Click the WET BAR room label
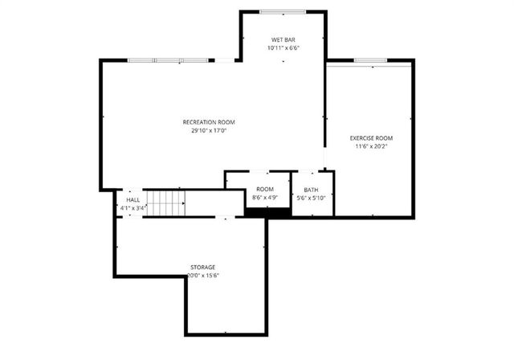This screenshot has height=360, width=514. pos(283,39)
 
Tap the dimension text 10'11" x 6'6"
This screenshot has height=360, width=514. pos(283,48)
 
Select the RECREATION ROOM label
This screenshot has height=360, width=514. pos(209,122)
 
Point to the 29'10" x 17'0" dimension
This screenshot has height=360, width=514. pos(209,131)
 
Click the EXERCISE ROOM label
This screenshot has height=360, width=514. pos(371,138)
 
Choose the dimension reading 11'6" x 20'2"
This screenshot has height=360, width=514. pos(371,147)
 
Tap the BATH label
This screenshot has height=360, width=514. pos(310,190)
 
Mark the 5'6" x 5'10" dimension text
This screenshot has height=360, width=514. pos(310,198)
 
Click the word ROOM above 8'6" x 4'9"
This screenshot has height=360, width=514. pos(265,189)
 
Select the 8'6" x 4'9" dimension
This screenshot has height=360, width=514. pos(265,198)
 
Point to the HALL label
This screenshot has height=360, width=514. pos(133,199)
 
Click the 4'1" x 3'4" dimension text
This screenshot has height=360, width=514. pos(133,208)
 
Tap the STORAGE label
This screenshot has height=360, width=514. pos(202,267)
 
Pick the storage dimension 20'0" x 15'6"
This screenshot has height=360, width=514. pos(202,276)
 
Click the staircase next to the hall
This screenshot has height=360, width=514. pos(165,203)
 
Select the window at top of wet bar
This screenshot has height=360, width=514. pos(282,11)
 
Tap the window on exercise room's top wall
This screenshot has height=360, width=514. pos(371,60)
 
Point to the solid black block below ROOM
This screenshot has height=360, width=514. pos(267,213)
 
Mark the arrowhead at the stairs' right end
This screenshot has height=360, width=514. pos(184,204)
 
